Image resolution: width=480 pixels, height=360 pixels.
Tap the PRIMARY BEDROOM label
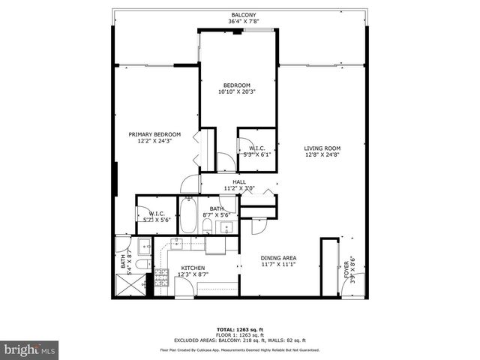coord(154,134)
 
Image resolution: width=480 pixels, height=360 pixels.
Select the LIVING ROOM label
coord(322,148)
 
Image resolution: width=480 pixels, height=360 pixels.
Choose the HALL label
coord(239,182)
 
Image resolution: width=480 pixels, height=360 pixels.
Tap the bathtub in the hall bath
coord(188,215)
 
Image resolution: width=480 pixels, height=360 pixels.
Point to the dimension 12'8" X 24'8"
coord(322,155)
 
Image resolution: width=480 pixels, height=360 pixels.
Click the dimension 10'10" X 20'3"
coord(236,92)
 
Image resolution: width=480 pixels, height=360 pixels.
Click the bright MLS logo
coord(30,349)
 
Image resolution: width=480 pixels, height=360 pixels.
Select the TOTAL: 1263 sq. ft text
coord(240,330)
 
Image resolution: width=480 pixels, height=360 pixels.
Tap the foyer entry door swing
coord(357,283)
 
